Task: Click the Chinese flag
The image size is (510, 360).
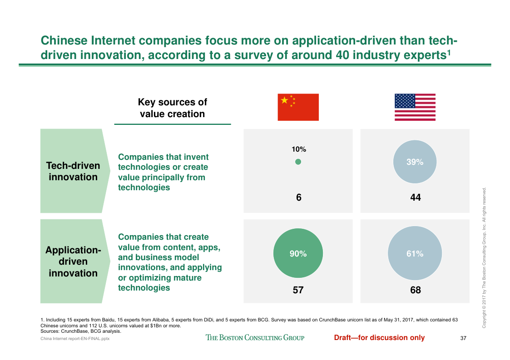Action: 298,107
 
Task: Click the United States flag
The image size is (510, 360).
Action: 415,107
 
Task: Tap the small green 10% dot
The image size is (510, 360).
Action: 298,162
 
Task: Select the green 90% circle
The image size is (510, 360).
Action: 298,254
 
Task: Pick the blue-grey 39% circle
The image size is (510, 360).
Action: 415,162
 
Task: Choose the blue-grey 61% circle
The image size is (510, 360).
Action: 415,254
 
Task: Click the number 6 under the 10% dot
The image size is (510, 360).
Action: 298,197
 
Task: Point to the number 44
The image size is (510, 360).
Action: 415,197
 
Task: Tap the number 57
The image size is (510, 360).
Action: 298,290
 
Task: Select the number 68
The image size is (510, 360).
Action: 415,290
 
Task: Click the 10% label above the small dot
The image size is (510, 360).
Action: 298,149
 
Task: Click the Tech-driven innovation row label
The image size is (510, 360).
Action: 73,171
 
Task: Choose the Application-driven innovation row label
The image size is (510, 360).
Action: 73,261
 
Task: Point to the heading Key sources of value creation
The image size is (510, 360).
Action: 172,108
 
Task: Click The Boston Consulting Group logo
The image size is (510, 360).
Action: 255,337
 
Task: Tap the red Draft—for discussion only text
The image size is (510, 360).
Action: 379,337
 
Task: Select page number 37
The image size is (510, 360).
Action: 464,338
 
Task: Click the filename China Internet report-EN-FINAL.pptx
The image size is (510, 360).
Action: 75,339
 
